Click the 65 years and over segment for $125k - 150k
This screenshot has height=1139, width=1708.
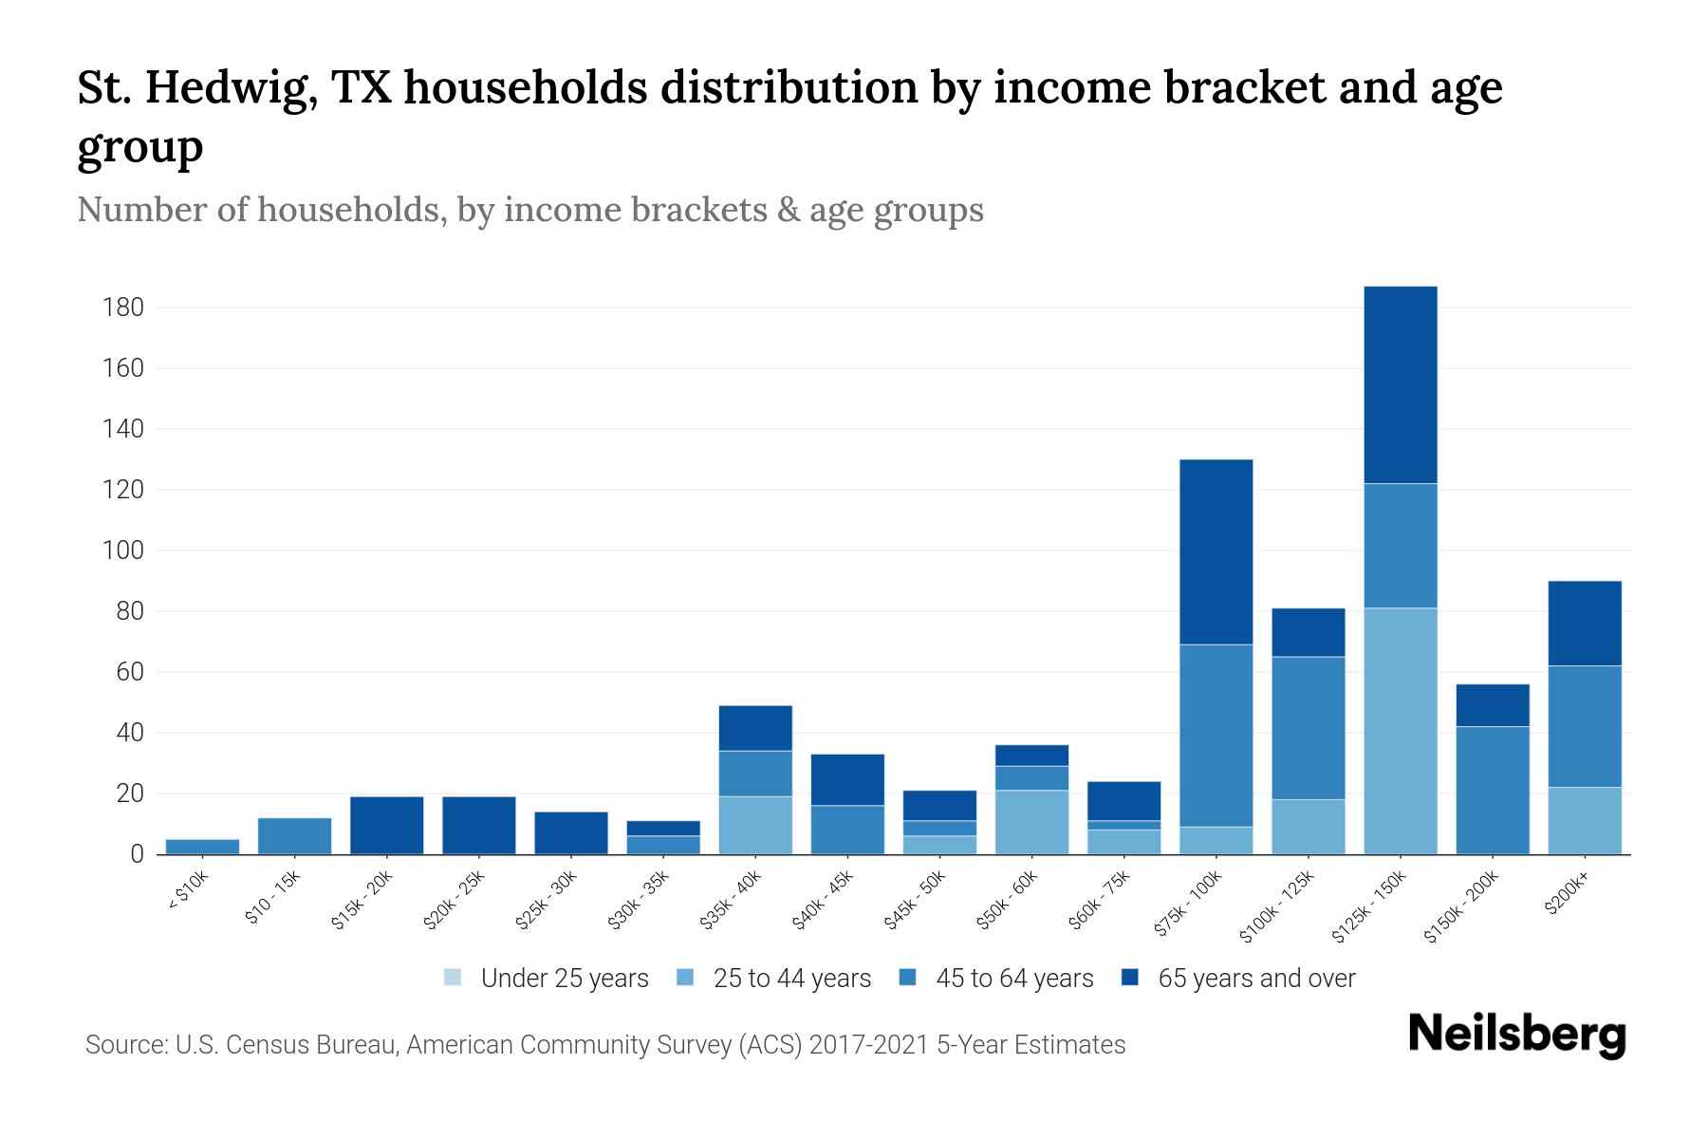(1400, 384)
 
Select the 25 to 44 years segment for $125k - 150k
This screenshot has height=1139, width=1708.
(1400, 731)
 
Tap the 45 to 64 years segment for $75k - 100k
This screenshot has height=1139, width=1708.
(1216, 736)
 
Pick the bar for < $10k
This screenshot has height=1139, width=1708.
(202, 847)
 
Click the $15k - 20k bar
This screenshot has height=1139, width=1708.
(386, 825)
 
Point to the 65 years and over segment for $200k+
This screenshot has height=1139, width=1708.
(1584, 623)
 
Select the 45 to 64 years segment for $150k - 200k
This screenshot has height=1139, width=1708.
(1492, 790)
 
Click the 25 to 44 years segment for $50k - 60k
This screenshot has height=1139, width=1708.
(1031, 822)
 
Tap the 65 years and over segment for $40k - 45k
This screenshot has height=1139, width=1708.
(847, 779)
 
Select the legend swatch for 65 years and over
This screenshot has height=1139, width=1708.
(1129, 978)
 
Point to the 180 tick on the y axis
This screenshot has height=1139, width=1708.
(123, 308)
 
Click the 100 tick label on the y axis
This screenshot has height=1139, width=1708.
(123, 551)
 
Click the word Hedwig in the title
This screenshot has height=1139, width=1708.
(232, 88)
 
